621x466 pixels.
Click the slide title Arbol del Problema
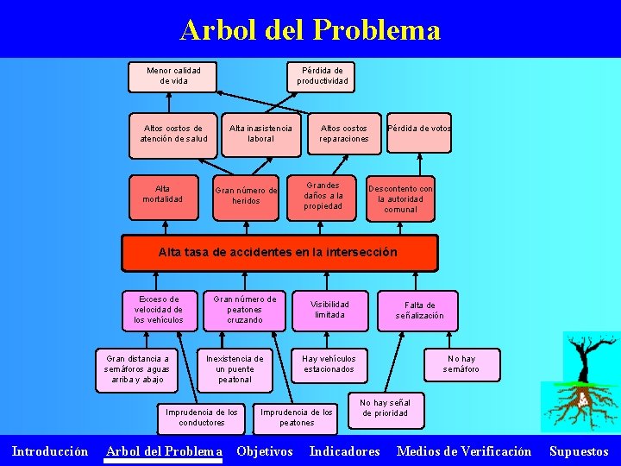[310, 30]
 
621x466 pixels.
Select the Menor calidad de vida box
[172, 76]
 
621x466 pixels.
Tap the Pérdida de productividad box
[323, 76]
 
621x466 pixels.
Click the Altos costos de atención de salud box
[173, 134]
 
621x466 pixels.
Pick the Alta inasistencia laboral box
[260, 134]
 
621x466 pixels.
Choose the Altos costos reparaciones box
[343, 134]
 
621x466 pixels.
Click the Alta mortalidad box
[162, 194]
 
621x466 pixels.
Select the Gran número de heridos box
[246, 196]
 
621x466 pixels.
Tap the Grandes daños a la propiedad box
[323, 195]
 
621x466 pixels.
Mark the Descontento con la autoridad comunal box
[400, 198]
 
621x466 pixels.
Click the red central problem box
[279, 253]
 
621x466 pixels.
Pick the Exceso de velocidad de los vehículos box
[159, 310]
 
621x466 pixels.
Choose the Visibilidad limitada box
[329, 310]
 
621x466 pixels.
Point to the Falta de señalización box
[419, 310]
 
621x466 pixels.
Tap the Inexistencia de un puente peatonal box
[235, 368]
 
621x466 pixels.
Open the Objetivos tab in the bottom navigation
[265, 451]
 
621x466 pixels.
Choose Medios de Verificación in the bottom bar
[464, 451]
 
